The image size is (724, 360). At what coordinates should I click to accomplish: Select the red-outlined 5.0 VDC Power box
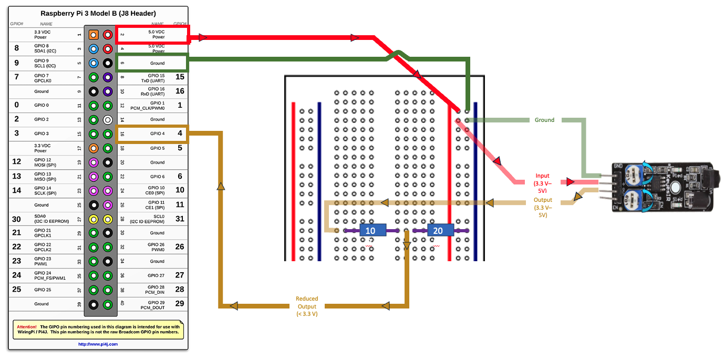point(152,34)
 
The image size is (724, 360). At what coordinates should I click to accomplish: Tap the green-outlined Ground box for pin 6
point(152,63)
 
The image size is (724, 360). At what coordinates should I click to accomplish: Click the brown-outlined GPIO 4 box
point(152,133)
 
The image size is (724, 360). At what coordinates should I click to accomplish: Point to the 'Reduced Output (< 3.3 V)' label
point(307,306)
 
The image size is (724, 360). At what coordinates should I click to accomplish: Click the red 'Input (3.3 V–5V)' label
point(542,180)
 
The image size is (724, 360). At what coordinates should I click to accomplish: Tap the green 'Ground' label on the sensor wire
point(544,120)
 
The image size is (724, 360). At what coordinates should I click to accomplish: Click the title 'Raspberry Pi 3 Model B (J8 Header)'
point(98,14)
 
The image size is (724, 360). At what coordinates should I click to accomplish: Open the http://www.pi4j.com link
point(98,344)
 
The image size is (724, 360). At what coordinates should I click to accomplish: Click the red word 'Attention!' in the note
point(26,326)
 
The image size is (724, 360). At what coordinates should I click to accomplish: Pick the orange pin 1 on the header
point(94,35)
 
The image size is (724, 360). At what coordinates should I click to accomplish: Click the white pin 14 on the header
point(108,120)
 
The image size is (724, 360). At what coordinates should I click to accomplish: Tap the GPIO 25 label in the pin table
point(43,290)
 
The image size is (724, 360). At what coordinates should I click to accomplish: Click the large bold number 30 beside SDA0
point(16,219)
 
